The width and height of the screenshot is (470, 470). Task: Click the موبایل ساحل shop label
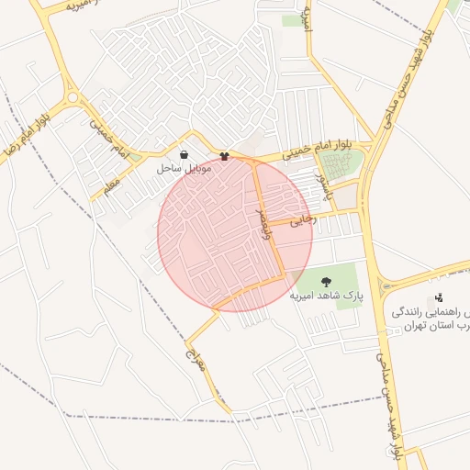point(185,169)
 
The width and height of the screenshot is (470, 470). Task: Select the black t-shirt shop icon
point(224,156)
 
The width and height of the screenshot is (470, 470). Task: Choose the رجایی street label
point(303,220)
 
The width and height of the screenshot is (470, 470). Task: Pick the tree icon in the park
point(328,281)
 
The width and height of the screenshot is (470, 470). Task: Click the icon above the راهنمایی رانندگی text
point(440,297)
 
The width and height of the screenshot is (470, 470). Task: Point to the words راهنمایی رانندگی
point(431,311)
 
